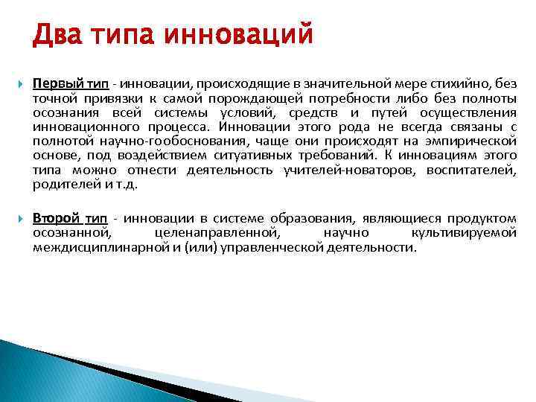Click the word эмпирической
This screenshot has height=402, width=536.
pos(470,141)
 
